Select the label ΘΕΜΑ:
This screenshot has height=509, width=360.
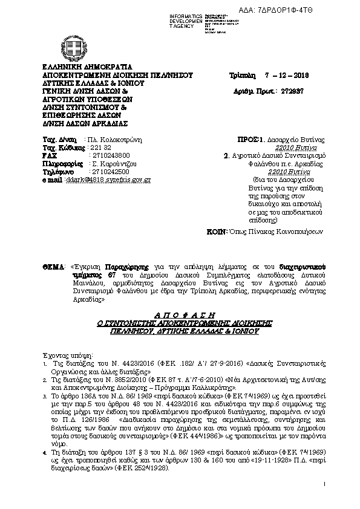tap(53, 249)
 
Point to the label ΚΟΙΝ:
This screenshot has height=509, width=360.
tap(234, 231)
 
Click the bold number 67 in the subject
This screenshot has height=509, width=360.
tap(111, 258)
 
